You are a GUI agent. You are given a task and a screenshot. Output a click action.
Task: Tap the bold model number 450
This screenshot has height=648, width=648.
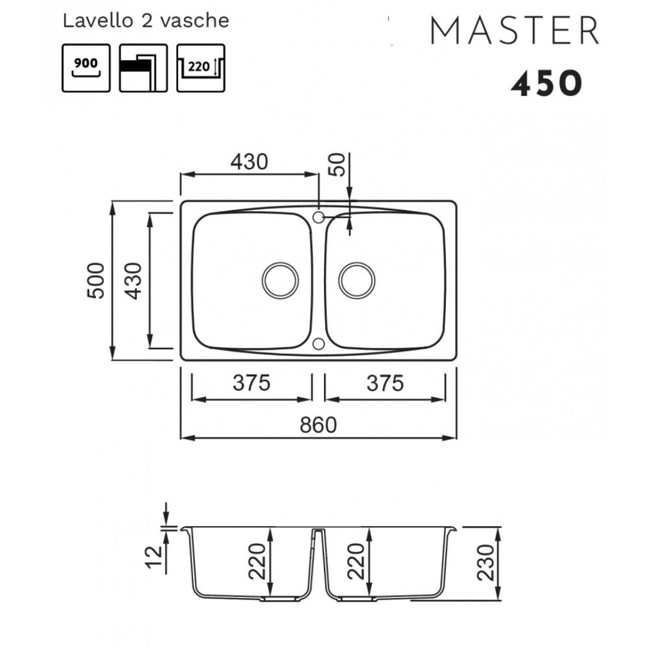pyautogui.click(x=547, y=83)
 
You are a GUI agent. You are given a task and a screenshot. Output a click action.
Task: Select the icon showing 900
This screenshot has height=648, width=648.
pyautogui.click(x=86, y=68)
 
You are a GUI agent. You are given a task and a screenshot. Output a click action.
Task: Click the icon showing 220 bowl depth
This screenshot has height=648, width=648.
pyautogui.click(x=201, y=68)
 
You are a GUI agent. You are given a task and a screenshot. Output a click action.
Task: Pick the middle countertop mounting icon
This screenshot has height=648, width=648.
pyautogui.click(x=143, y=68)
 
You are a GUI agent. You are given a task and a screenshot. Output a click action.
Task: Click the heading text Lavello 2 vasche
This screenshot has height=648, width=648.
pyautogui.click(x=146, y=20)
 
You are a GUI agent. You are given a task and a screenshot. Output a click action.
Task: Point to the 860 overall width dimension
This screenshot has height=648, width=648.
pyautogui.click(x=318, y=425)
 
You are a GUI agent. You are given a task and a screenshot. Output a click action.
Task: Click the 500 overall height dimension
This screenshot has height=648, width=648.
pyautogui.click(x=96, y=281)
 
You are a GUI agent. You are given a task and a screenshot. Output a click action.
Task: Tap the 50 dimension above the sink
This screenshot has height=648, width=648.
pyautogui.click(x=337, y=164)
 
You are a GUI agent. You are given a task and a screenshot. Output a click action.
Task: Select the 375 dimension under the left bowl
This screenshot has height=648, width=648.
pyautogui.click(x=251, y=383)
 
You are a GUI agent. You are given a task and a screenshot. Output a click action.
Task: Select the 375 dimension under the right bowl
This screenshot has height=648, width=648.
pyautogui.click(x=385, y=383)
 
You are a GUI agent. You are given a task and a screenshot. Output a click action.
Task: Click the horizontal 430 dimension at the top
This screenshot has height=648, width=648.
pyautogui.click(x=249, y=161)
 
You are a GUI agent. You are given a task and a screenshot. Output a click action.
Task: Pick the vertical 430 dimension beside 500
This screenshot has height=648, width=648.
pyautogui.click(x=133, y=281)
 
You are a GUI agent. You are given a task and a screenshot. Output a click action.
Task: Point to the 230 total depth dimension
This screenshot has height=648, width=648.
pyautogui.click(x=485, y=562)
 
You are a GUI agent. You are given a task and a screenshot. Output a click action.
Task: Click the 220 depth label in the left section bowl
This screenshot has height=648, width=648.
pyautogui.click(x=257, y=561)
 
